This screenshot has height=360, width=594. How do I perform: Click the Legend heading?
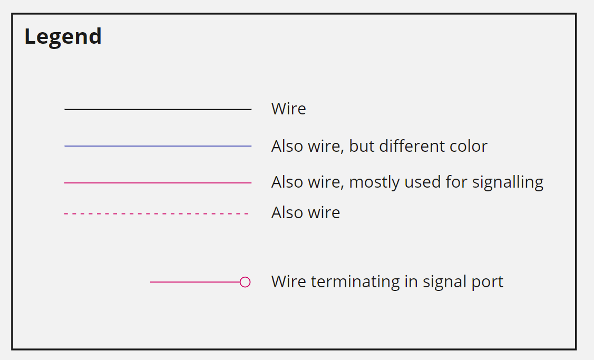63,37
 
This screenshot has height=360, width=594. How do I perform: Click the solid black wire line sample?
158,109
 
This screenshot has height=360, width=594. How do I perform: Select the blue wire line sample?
158,146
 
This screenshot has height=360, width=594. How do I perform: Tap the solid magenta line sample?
158,183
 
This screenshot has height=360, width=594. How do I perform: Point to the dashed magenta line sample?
157,213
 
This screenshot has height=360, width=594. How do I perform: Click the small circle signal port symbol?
245,282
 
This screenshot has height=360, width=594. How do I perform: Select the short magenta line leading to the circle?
195,282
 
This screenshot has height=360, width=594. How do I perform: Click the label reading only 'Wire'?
288,109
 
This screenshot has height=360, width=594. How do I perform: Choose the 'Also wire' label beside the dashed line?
305,213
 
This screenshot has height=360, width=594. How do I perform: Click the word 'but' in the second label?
360,146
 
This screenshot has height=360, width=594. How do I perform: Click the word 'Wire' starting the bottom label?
288,282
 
